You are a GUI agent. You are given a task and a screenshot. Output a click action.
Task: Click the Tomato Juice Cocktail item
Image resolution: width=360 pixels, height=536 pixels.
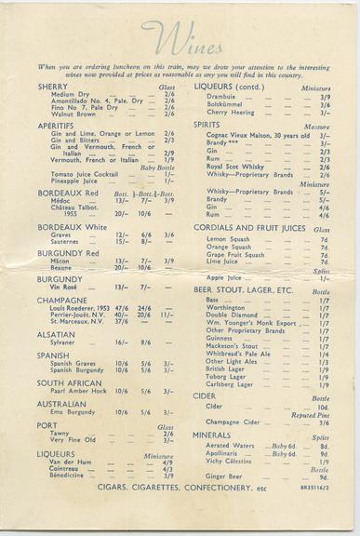coord(85,173)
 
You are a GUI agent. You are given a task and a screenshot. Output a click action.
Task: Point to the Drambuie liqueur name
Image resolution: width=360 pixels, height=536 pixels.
coord(220,96)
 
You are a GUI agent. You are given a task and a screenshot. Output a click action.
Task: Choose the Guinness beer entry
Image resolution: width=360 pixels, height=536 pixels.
coord(221,338)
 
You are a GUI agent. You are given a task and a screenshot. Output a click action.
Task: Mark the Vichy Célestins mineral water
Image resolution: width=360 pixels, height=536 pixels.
coord(228,461)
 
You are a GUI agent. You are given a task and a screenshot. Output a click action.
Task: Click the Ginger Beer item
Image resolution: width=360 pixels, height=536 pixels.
coord(223,476)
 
